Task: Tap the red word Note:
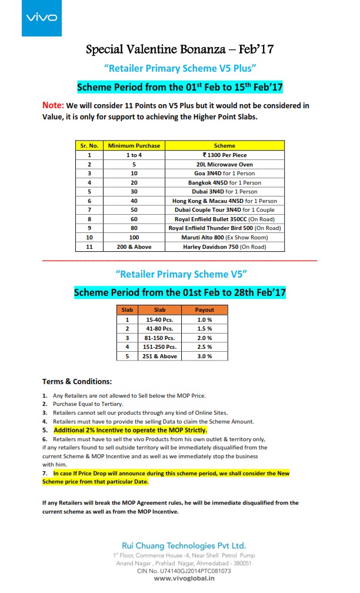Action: (53, 105)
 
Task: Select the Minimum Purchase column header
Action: (135, 145)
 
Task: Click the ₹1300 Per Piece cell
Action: (225, 155)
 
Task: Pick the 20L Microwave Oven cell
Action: (225, 164)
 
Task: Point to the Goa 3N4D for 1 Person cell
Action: (225, 174)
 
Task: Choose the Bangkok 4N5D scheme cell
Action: (225, 182)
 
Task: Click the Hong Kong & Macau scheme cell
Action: (225, 201)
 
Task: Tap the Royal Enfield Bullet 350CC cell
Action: (225, 219)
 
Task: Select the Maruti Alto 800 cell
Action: (225, 237)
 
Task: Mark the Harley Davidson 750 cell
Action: (225, 246)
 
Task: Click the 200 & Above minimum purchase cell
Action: (135, 246)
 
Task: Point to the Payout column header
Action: (205, 309)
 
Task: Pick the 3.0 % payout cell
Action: (205, 356)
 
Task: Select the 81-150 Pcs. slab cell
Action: (159, 338)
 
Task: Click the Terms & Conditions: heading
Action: (77, 381)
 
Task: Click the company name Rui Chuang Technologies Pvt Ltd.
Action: (184, 545)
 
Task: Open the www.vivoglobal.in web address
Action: (184, 578)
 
